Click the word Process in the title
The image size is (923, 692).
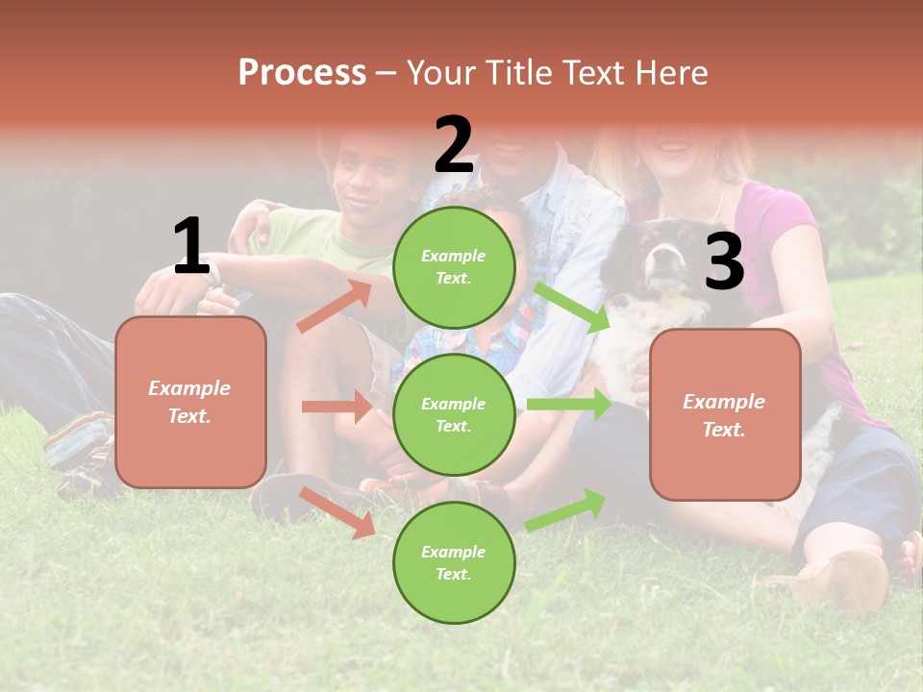302,73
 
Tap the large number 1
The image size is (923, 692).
191,247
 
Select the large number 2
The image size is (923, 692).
454,145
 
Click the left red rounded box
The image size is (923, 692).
190,402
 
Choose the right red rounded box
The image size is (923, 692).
725,415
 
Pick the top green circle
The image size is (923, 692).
454,267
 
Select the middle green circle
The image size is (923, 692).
454,414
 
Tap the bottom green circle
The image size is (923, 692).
454,562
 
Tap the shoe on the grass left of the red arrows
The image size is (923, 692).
274,495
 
